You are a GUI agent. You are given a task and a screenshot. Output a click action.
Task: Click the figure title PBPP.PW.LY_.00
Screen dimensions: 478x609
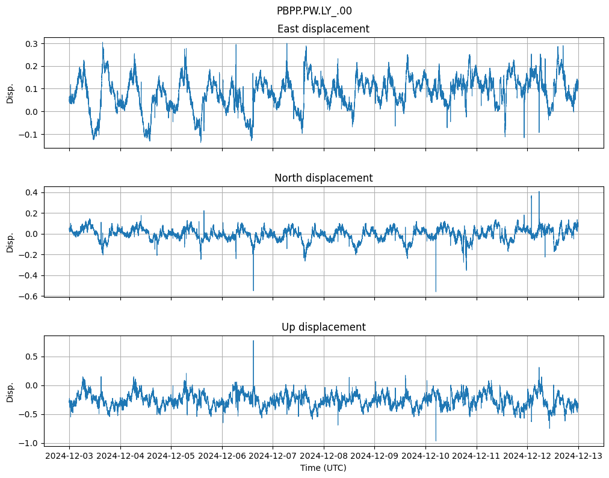coord(314,11)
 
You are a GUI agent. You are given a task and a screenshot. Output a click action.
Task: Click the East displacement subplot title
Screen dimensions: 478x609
coord(323,29)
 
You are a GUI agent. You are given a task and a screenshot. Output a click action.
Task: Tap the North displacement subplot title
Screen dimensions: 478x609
coord(323,178)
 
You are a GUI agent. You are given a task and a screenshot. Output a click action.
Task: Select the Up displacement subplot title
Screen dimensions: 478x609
coord(323,327)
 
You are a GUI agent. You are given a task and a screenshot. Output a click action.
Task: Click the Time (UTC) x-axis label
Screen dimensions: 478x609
coord(323,468)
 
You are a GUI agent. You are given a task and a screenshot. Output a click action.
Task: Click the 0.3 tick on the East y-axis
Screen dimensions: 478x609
coord(31,44)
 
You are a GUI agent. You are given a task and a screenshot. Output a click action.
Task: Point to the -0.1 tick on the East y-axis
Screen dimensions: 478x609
coord(29,135)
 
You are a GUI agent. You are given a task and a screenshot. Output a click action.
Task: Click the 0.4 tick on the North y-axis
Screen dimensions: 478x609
coord(31,192)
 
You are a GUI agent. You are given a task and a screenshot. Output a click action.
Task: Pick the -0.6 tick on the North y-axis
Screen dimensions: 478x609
coord(29,296)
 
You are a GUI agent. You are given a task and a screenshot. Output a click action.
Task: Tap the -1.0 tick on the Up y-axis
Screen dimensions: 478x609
coord(29,443)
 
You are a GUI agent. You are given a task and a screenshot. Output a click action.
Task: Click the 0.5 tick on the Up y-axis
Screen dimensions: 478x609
coord(31,357)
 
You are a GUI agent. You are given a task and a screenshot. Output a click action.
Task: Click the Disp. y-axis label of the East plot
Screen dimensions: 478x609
coord(10,93)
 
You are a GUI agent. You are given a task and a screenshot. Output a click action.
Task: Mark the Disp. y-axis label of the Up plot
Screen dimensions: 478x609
coord(10,391)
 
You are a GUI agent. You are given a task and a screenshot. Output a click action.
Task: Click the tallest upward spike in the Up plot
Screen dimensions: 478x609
coord(253,342)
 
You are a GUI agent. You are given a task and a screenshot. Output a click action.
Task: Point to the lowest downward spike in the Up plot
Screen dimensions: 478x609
coord(436,440)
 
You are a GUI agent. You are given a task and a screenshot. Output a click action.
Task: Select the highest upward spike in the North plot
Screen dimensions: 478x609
coord(539,192)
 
